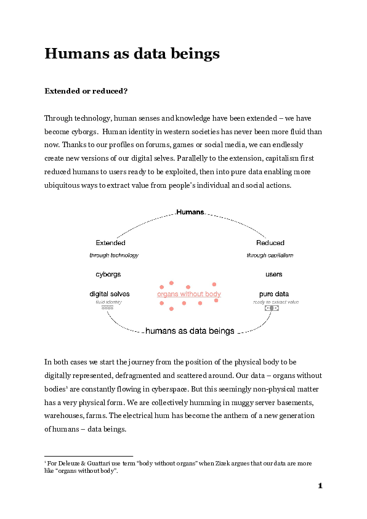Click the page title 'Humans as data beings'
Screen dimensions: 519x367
(x=132, y=54)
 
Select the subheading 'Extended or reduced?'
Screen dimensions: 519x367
(x=86, y=91)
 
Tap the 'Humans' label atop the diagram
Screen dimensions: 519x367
(x=190, y=212)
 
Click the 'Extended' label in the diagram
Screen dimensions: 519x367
(x=111, y=243)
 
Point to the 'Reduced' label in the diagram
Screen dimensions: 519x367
(x=270, y=243)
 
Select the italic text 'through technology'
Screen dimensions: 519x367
(x=114, y=255)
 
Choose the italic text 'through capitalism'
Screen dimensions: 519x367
(x=270, y=255)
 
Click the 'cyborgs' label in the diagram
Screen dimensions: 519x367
(x=108, y=274)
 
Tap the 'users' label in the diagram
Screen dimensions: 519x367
(x=274, y=274)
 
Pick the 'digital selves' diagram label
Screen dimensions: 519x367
(x=110, y=294)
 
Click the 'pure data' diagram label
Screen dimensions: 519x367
(x=274, y=294)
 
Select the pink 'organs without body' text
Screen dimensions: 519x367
(x=189, y=294)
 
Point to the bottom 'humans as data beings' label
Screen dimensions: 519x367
(x=190, y=331)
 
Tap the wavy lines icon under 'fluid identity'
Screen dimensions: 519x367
(x=107, y=308)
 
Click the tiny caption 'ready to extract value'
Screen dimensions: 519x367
(x=275, y=302)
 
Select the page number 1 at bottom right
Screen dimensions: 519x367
(x=320, y=486)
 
